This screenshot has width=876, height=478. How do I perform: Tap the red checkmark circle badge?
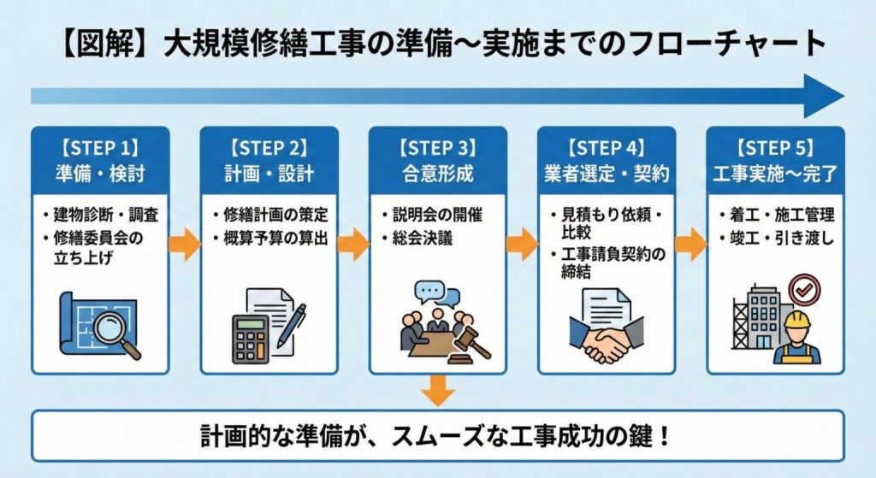pos(804,289)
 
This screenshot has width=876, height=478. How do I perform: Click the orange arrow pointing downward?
pos(438,391)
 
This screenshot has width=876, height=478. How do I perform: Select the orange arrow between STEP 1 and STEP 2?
pos(184,245)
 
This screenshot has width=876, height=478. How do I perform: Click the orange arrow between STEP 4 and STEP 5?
pos(690,245)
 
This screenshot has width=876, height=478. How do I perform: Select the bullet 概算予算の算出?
pos(275,237)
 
